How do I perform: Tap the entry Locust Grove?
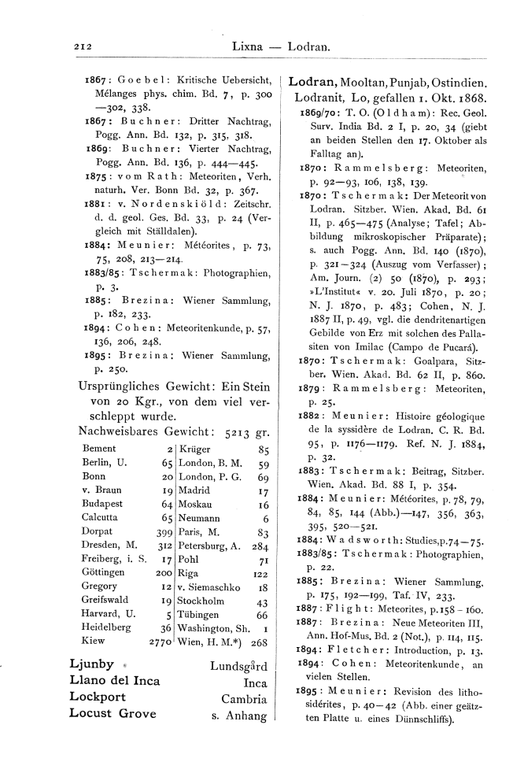click(x=113, y=714)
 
